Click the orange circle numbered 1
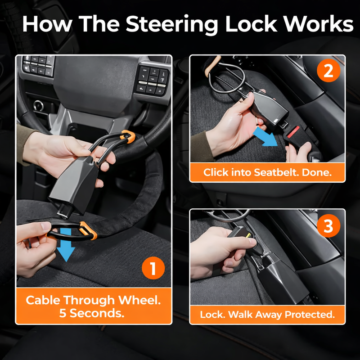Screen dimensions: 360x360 point(153,269)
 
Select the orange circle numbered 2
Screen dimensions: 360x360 point(328,72)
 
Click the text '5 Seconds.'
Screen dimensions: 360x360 point(91,313)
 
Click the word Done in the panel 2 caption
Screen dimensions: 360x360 point(318,172)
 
